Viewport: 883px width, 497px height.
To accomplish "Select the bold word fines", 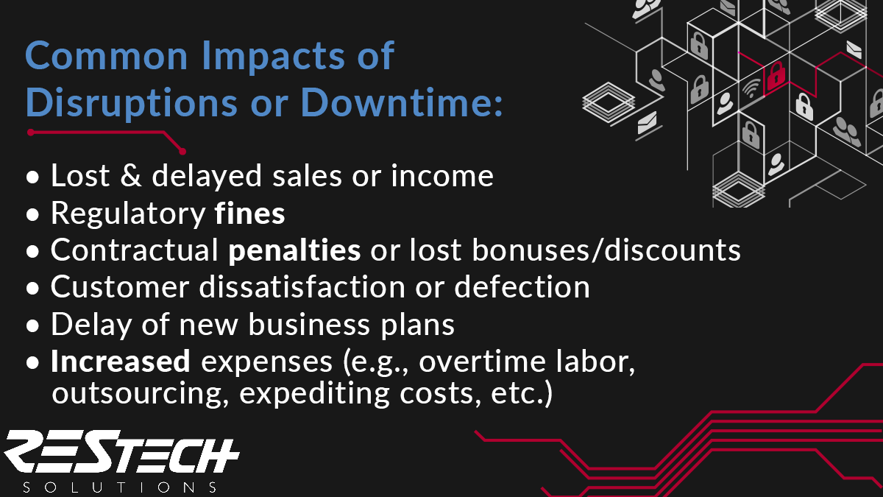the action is point(249,213).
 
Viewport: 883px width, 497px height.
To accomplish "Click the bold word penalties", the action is point(294,250).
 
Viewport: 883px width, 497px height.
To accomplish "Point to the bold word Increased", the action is point(121,362).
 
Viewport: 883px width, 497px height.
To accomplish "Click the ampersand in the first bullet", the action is point(130,176).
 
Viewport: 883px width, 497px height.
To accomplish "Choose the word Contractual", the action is point(135,250).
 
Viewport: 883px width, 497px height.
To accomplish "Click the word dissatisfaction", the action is point(302,287).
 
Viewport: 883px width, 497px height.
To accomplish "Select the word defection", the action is point(522,287).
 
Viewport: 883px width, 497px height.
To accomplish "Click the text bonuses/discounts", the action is point(606,250).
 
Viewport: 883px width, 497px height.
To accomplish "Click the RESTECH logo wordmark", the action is point(121,451).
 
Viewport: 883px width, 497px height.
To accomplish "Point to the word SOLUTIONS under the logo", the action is point(120,487).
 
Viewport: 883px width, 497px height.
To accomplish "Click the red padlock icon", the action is point(776,75).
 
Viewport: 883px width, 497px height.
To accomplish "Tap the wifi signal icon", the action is point(751,88).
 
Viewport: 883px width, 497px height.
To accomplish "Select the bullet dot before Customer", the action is point(32,289).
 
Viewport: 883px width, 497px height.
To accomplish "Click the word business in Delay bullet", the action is point(310,324).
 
